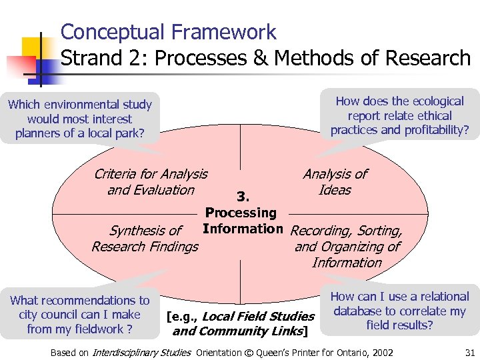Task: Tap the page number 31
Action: pos(468,352)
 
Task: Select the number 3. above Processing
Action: pos(243,197)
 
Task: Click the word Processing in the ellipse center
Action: pos(241,213)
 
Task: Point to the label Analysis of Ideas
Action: pos(335,182)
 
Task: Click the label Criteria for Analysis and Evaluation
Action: pos(151,182)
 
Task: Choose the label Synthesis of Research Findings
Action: pos(145,239)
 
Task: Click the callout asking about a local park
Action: pos(80,119)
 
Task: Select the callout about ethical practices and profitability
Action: pos(399,115)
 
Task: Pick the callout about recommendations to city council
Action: pos(80,315)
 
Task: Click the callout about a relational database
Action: pos(399,311)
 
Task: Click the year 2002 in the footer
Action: pos(381,352)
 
